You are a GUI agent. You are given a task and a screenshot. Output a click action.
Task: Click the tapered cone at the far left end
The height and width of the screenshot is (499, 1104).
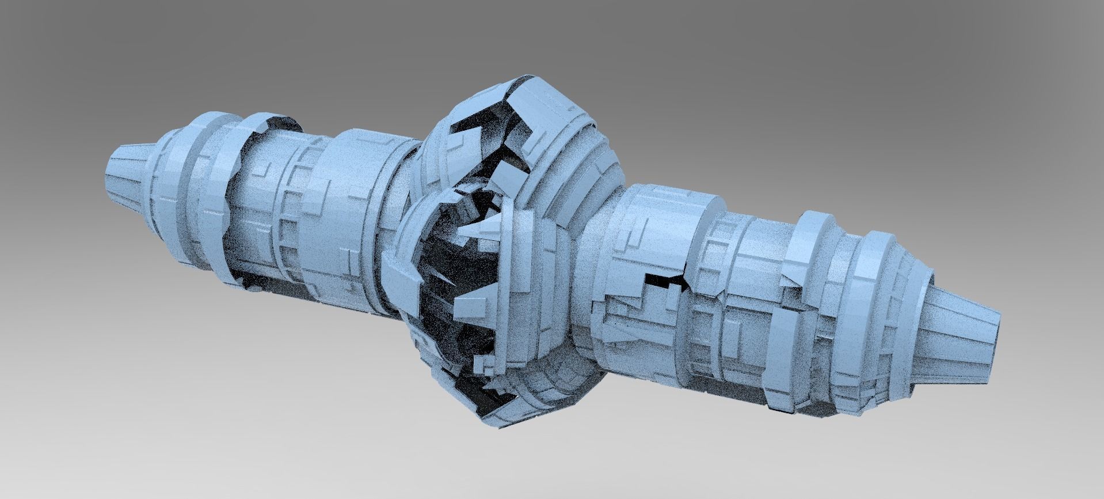click(x=128, y=173)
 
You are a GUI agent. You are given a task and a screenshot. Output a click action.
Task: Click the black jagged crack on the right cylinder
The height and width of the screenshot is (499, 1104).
click(x=668, y=281)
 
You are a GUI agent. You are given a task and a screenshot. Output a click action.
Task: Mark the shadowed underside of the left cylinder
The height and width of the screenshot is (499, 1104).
click(x=276, y=277)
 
